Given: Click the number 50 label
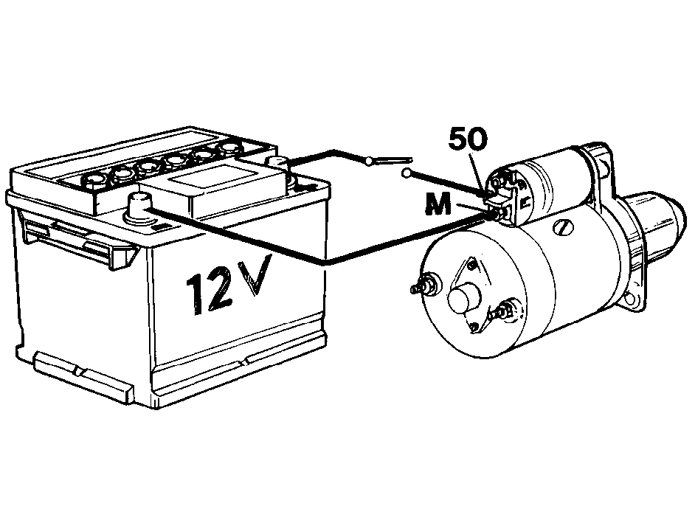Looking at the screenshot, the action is click(x=468, y=139).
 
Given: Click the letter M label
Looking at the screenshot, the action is click(x=438, y=205).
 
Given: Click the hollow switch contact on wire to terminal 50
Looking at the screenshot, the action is click(x=407, y=173).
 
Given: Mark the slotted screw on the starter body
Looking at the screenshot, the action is click(x=562, y=228).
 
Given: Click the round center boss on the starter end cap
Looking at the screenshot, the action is click(x=463, y=299).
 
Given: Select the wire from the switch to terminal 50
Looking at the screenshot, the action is click(x=448, y=184).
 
